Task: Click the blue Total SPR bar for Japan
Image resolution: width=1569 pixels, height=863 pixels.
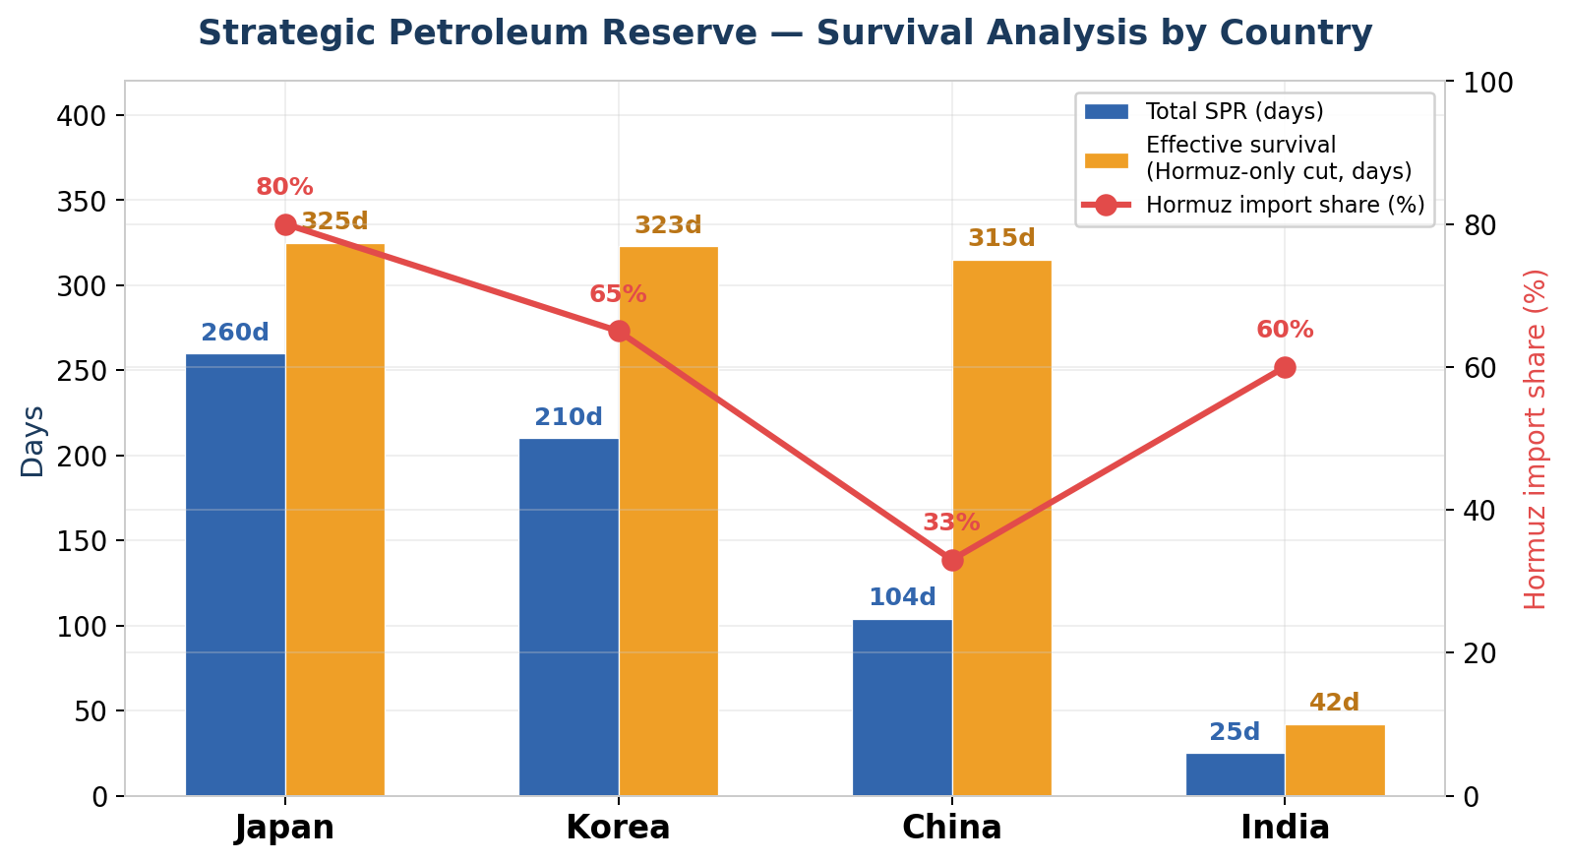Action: coord(235,575)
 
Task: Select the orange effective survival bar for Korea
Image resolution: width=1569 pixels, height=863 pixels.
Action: coord(668,521)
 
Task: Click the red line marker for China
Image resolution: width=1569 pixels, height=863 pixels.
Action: coord(952,560)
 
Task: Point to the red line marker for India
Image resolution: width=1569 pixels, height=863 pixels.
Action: coord(1285,367)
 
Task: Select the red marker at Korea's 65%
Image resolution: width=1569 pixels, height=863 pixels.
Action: coord(619,331)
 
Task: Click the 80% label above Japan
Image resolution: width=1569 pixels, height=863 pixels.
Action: coord(284,187)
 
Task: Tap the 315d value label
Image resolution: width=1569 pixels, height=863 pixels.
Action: coord(1001,238)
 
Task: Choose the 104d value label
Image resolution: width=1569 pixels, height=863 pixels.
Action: coord(902,597)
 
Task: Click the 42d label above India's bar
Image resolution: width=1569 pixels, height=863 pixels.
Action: coord(1334,703)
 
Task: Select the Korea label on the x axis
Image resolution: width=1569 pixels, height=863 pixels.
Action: coord(618,828)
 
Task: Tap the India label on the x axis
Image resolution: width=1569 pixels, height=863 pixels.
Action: coord(1285,828)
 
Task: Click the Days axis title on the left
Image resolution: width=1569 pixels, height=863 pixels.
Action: coord(32,441)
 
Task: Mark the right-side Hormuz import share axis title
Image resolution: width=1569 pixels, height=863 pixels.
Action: coord(1535,439)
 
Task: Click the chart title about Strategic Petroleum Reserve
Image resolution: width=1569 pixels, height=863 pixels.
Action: coord(785,33)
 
